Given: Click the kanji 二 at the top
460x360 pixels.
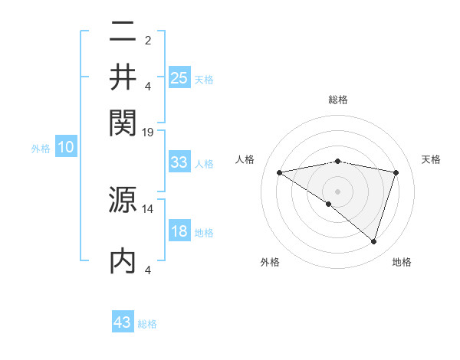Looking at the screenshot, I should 123,33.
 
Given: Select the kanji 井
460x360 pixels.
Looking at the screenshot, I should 123,77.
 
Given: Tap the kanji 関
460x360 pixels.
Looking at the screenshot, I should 123,120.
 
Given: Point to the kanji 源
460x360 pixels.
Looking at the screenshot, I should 123,201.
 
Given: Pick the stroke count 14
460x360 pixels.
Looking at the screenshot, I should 148,208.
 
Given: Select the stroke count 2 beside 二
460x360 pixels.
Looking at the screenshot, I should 148,41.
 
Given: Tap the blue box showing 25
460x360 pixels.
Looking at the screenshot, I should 179,78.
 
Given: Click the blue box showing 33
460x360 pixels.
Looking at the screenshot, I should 179,162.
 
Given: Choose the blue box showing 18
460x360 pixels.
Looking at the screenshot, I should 179,231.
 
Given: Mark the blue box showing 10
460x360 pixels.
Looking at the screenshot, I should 66,148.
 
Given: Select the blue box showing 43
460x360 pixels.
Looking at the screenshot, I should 123,322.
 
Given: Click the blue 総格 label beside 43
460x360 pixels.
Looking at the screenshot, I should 147,324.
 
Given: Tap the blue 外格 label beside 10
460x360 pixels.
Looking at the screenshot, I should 41,149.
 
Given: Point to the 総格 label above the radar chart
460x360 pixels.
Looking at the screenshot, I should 337,100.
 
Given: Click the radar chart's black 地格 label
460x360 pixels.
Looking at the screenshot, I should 402,263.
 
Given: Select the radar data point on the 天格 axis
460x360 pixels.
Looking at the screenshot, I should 396,172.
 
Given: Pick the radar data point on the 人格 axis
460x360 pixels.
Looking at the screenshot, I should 279,172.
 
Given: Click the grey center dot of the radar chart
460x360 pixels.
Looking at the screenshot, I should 337,191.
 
